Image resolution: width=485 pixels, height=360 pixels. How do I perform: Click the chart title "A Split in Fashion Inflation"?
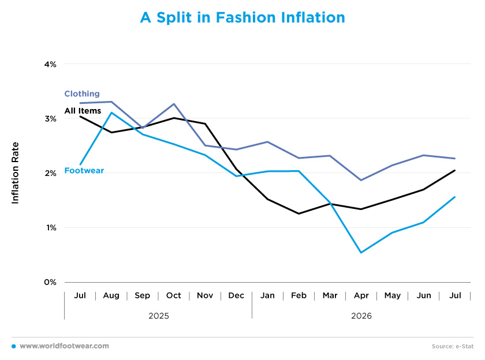[242, 18]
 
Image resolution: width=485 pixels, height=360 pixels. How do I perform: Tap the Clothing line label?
[82, 94]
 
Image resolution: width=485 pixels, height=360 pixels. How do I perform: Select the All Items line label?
[83, 111]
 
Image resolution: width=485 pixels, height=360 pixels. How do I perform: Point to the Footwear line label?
[84, 171]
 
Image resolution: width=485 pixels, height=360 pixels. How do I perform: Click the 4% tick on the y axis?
[50, 64]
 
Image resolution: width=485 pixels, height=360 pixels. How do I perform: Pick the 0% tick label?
[50, 282]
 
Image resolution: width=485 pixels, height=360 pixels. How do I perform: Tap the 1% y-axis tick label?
[51, 228]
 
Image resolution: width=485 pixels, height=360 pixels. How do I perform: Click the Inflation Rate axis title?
[15, 173]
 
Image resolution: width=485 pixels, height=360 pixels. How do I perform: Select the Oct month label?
[174, 295]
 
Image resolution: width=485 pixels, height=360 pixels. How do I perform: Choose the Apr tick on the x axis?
[361, 296]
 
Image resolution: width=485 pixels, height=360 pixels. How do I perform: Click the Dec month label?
[236, 295]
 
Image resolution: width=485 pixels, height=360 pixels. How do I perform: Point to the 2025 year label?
[159, 316]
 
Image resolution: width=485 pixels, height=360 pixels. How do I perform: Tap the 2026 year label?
[361, 316]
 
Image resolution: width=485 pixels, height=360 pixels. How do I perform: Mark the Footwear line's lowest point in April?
[361, 253]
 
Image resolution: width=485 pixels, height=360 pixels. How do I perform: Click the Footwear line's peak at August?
[111, 112]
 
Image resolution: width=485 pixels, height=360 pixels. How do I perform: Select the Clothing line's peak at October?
[174, 104]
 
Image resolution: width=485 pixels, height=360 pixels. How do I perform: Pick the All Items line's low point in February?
[299, 213]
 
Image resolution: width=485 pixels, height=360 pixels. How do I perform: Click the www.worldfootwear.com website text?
[64, 346]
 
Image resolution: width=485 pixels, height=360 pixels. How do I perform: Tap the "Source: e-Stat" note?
[453, 346]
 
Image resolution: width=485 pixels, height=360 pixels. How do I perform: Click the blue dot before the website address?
[14, 346]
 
